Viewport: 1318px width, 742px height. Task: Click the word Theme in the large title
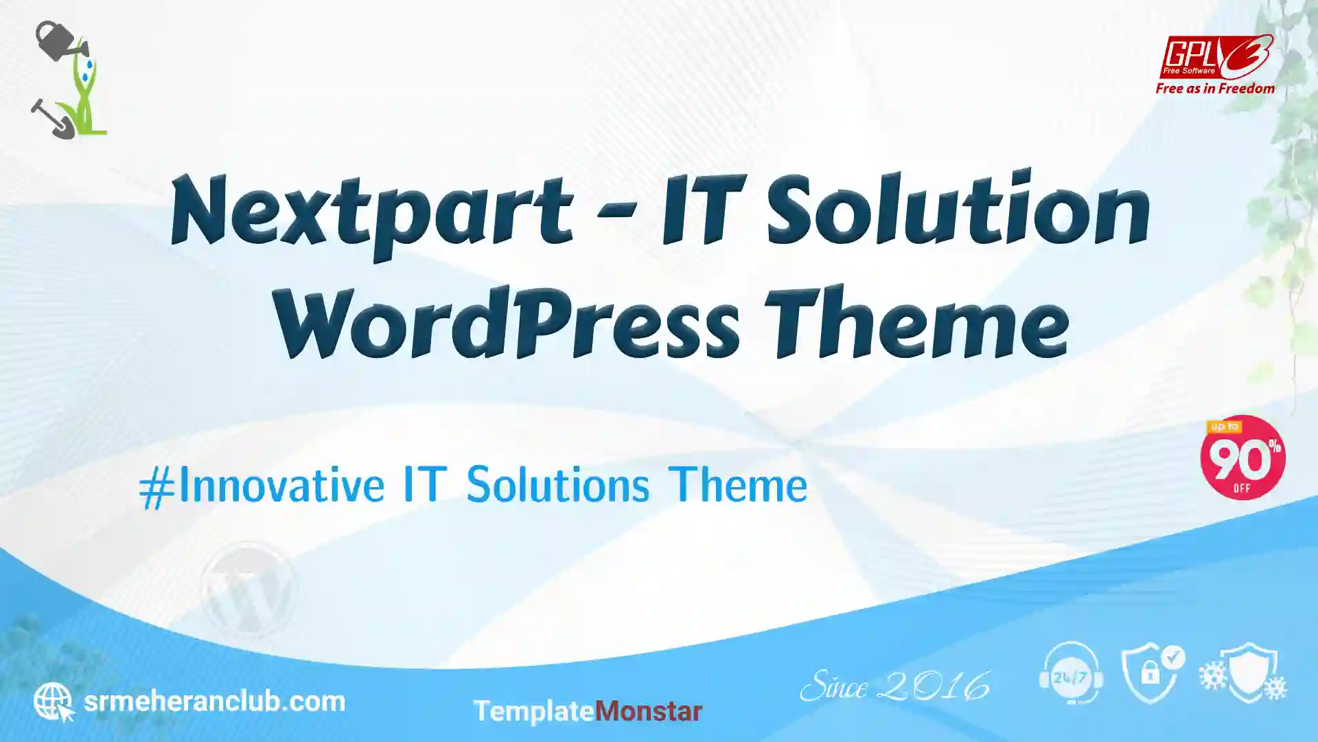[917, 322]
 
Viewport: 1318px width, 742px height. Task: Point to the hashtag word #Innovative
[262, 486]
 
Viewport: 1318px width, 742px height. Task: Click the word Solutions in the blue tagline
[557, 485]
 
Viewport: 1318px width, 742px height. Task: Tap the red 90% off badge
[1242, 458]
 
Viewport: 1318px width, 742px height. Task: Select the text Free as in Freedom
[1215, 89]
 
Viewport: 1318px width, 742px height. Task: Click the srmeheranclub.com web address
[214, 701]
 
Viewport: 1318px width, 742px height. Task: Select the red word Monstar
[648, 711]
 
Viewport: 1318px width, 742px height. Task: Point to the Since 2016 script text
[895, 686]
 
